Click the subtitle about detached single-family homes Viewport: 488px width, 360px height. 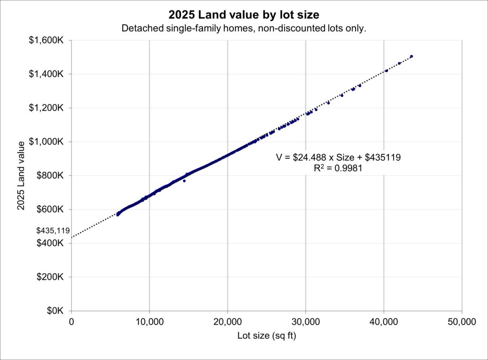244,29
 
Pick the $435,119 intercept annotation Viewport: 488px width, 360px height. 53,231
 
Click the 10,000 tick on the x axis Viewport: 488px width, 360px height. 149,322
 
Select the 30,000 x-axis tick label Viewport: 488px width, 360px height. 305,322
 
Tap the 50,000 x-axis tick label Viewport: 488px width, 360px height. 462,322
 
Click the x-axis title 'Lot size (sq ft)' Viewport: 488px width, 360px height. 267,336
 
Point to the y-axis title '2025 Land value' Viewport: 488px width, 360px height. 20,175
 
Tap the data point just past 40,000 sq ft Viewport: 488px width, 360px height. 386,71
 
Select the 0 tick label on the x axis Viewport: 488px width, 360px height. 71,322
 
